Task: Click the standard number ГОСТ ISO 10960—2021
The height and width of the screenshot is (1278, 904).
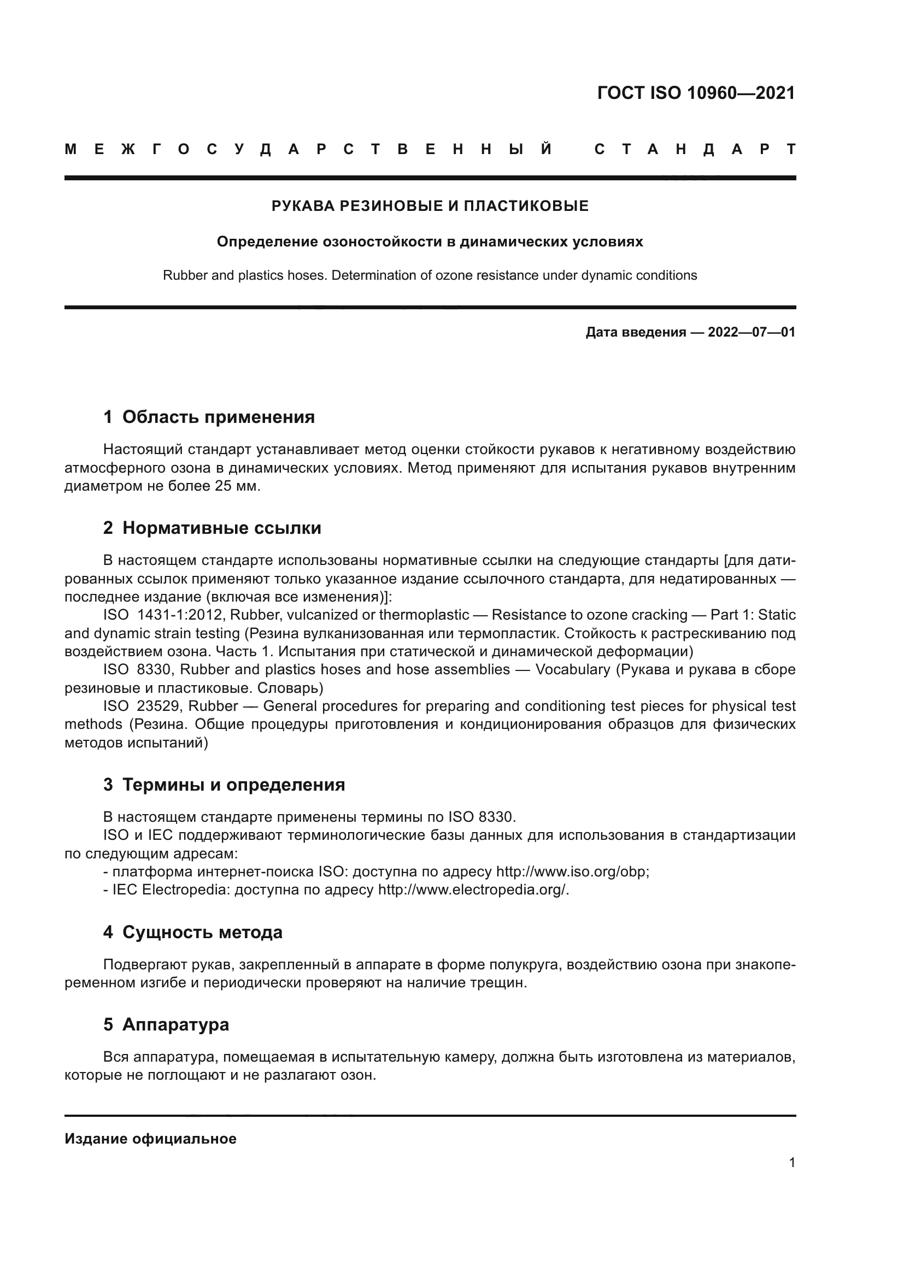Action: pos(696,93)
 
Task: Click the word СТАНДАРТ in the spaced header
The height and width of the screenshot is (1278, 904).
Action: pos(696,150)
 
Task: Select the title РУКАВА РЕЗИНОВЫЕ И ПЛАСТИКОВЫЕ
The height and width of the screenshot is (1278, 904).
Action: pos(430,207)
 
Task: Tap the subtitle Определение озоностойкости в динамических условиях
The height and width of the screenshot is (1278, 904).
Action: pos(430,242)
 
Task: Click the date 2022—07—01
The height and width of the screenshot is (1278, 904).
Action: pos(752,333)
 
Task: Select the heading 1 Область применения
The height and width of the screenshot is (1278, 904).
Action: pos(209,417)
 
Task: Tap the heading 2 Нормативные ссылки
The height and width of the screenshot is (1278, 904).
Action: pos(212,528)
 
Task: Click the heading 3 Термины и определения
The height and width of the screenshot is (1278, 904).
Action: pos(224,785)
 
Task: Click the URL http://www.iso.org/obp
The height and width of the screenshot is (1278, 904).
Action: pos(572,871)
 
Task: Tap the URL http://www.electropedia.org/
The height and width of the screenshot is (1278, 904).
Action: pos(473,890)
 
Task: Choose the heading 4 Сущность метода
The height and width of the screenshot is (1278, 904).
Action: pos(192,932)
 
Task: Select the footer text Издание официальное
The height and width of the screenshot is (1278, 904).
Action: pos(150,1139)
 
